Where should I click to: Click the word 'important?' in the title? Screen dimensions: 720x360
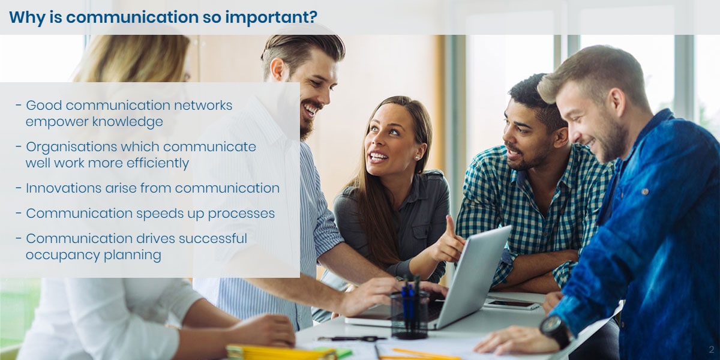coord(271,17)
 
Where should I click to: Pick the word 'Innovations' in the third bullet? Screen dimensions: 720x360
coord(64,188)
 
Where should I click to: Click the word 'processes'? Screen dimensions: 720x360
coord(241,214)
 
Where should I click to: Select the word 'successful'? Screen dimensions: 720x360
coord(213,239)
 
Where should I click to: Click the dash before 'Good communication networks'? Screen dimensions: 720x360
coord(19,105)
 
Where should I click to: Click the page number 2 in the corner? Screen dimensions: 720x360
coord(712,349)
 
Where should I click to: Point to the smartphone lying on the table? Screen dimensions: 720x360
coord(512,304)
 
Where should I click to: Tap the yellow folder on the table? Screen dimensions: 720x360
coord(280,353)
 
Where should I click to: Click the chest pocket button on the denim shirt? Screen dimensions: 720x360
coord(645,192)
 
